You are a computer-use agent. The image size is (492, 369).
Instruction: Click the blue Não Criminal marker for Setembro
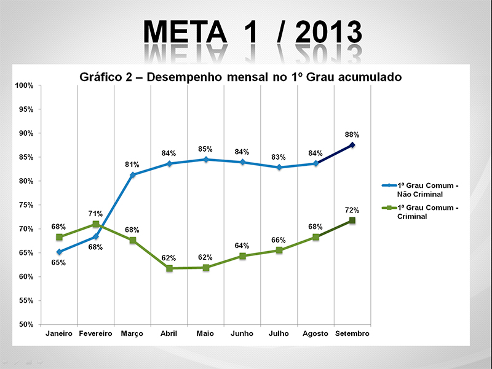[352, 145]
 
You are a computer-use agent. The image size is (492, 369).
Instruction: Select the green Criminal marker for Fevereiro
[95, 224]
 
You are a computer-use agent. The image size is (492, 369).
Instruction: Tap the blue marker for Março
[132, 175]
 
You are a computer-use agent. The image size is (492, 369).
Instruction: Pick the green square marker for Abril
[169, 268]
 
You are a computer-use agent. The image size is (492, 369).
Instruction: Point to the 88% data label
[352, 134]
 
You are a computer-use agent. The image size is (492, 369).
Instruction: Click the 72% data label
[352, 210]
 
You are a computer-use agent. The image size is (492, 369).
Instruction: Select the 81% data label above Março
[132, 165]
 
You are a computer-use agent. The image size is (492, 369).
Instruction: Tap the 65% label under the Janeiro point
[58, 262]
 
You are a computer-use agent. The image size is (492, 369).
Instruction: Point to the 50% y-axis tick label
[25, 324]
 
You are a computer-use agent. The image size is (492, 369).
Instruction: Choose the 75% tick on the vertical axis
[25, 205]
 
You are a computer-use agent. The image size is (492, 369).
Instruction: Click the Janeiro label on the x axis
[59, 333]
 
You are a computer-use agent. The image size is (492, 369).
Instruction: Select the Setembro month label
[352, 333]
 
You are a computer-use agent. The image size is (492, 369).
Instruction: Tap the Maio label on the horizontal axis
[205, 333]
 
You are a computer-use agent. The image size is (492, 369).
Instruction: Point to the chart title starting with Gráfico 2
[240, 77]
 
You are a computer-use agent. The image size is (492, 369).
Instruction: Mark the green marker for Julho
[279, 250]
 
